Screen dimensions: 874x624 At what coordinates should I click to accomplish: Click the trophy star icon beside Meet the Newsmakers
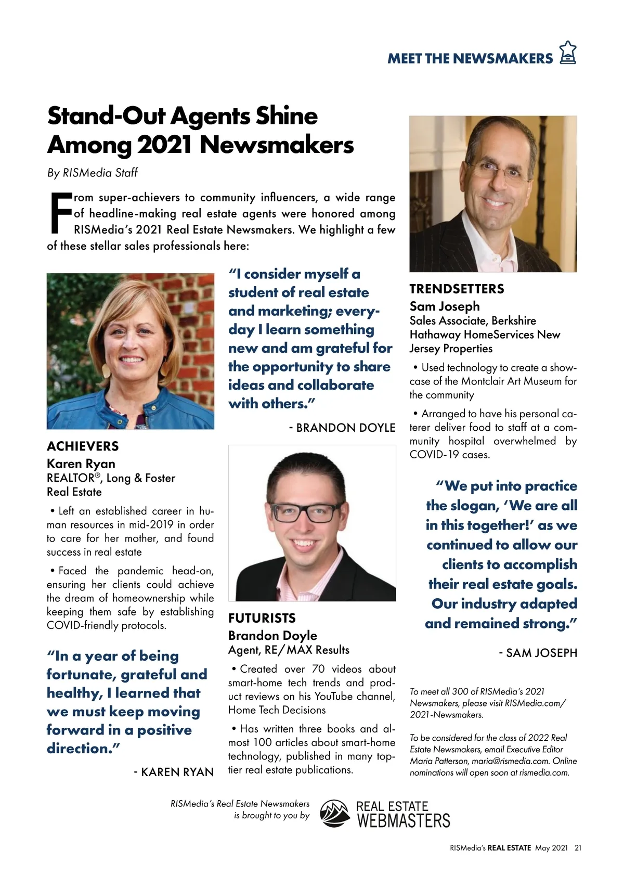(567, 53)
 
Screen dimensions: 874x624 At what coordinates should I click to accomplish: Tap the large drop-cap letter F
(59, 213)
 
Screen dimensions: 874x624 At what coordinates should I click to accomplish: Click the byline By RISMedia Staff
(92, 173)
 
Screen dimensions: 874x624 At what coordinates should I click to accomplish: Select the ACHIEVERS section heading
(83, 446)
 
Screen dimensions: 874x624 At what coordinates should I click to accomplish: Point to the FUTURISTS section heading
(262, 618)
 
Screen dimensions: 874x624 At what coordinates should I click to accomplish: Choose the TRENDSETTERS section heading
(457, 289)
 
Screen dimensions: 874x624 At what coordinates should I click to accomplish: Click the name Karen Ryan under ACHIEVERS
(81, 464)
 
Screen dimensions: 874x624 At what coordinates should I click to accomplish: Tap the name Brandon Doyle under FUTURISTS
(272, 635)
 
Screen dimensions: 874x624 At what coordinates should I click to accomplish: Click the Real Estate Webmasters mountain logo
(335, 813)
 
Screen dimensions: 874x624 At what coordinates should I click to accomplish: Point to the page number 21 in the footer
(578, 848)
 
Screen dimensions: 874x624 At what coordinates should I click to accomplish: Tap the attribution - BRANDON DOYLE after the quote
(343, 428)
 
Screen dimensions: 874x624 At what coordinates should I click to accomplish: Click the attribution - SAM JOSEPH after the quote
(538, 653)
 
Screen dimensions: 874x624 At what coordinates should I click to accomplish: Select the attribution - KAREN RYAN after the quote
(174, 772)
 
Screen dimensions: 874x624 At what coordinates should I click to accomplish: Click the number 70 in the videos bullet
(318, 669)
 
